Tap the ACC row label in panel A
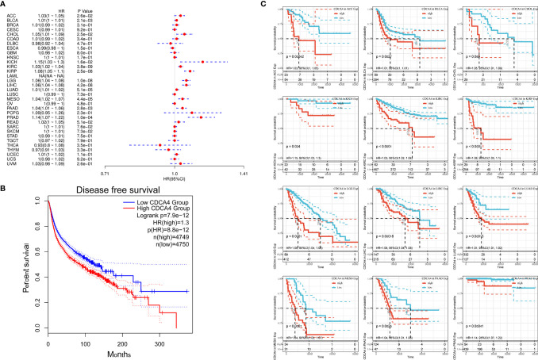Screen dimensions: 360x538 (x=14, y=16)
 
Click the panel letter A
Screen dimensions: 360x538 (x=5, y=6)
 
